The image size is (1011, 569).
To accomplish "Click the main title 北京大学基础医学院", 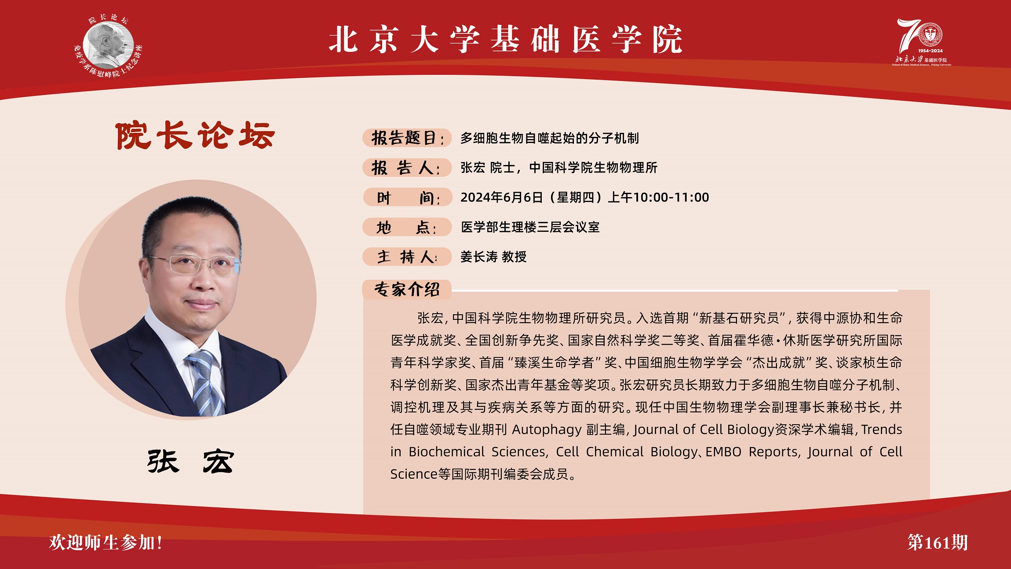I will (505, 40).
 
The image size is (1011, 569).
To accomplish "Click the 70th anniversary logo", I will (921, 42).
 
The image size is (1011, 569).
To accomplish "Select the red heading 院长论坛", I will (195, 136).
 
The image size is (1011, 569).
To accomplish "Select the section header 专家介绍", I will (407, 290).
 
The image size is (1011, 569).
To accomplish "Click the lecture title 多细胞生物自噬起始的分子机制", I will (549, 138).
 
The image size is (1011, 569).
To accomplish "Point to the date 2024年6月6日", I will (501, 198).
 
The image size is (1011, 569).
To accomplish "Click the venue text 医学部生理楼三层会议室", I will (530, 227).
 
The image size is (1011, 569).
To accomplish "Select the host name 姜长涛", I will (479, 257).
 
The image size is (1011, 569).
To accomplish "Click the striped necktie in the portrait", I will (206, 383).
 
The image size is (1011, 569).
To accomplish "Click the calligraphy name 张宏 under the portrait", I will (190, 462).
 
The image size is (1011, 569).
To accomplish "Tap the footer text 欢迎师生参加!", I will (106, 542).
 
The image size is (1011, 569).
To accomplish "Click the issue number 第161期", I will (938, 542).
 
